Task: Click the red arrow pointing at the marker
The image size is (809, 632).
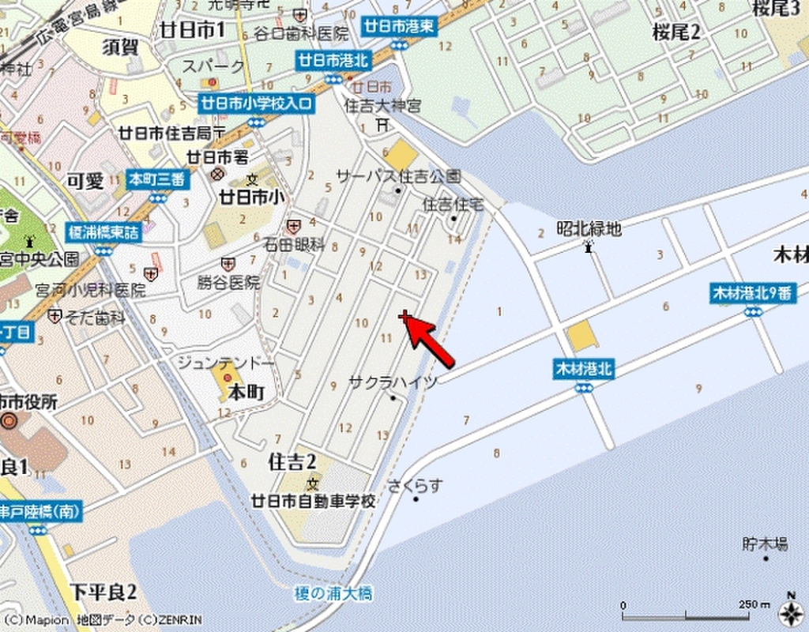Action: pyautogui.click(x=431, y=343)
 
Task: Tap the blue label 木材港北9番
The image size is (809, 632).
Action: pyautogui.click(x=751, y=293)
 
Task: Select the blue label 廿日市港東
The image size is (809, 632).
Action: pyautogui.click(x=400, y=26)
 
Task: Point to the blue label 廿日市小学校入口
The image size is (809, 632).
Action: pyautogui.click(x=256, y=103)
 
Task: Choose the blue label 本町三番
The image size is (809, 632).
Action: pyautogui.click(x=158, y=179)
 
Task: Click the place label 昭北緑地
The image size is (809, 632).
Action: pyautogui.click(x=589, y=228)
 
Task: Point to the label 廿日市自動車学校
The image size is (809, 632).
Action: pyautogui.click(x=313, y=502)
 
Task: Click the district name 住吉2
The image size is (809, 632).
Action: pyautogui.click(x=292, y=461)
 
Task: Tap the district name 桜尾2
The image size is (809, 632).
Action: pyautogui.click(x=677, y=32)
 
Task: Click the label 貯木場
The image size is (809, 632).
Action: pyautogui.click(x=765, y=544)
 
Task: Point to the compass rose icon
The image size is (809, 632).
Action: pyautogui.click(x=790, y=611)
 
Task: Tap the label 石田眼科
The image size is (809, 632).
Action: pyautogui.click(x=295, y=244)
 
